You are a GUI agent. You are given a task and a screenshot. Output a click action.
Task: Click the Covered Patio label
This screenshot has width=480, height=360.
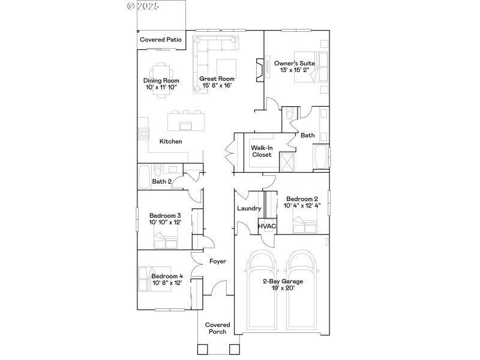[x=160, y=40]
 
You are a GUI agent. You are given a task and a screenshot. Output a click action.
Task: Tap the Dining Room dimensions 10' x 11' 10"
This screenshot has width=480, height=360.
[x=161, y=88]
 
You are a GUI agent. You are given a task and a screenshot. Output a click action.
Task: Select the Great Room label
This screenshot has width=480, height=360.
[x=217, y=79]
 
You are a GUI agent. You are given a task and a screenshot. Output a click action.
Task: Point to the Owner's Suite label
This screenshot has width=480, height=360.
[x=295, y=63]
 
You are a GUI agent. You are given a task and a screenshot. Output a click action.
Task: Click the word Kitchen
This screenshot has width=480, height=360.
[x=170, y=142]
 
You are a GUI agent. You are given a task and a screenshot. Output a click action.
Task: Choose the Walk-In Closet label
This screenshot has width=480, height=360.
[x=262, y=150]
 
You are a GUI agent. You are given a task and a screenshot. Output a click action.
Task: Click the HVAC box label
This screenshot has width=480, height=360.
[x=267, y=226]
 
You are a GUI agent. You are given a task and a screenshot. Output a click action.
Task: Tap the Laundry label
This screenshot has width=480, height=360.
[x=249, y=209]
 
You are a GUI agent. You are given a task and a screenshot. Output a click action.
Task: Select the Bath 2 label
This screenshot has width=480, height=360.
[x=162, y=181]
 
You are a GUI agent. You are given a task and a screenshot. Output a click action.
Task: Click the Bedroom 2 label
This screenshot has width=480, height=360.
[x=302, y=199]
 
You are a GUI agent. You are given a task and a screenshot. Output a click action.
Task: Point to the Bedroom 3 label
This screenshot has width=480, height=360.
[x=165, y=215]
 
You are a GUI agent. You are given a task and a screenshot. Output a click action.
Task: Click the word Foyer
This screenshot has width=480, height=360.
[x=217, y=262]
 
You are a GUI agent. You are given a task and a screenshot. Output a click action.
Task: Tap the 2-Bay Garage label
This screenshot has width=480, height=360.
[x=282, y=281]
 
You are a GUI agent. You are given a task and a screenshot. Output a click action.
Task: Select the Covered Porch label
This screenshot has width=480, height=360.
[x=217, y=328]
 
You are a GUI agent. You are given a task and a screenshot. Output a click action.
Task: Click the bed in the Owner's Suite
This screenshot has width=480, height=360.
[x=316, y=67]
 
